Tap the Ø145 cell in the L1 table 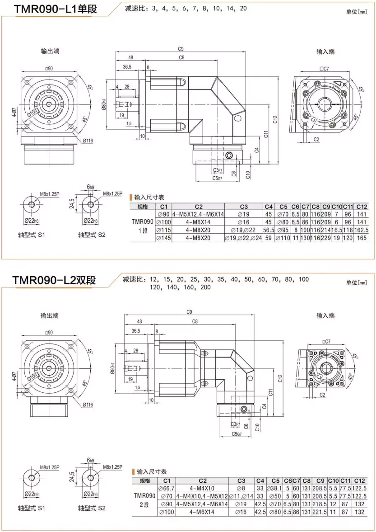[163, 238]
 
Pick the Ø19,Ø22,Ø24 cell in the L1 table [244, 238]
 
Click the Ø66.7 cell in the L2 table [166, 488]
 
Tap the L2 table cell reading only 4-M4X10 [202, 488]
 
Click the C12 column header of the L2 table [359, 480]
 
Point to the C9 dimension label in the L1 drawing [181, 48]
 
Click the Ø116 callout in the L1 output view [88, 141]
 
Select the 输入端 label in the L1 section [325, 52]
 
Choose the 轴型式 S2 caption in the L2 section [92, 508]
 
